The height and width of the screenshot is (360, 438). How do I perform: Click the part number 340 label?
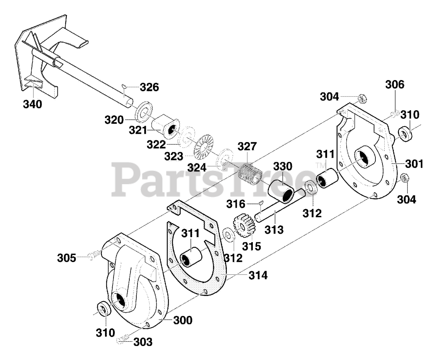(33, 104)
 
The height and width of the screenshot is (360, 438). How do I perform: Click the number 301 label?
(414, 164)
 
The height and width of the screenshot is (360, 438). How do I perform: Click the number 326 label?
(150, 87)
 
